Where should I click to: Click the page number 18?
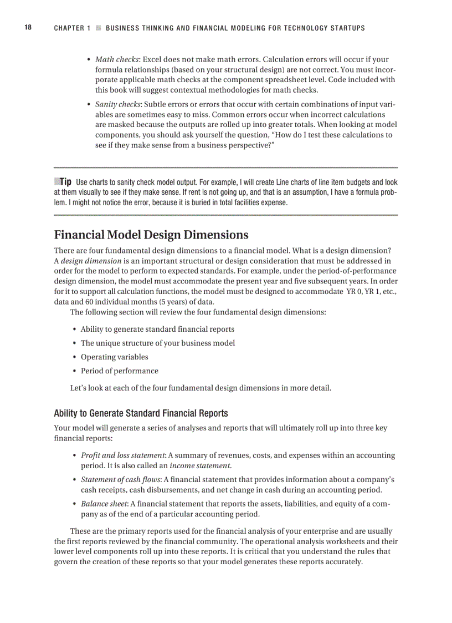click(27, 28)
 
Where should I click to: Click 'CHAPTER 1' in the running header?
click(72, 28)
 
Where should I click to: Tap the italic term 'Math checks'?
click(117, 59)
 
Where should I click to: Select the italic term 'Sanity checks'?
click(117, 104)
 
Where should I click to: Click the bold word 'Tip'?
click(65, 182)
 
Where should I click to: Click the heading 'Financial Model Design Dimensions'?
click(151, 235)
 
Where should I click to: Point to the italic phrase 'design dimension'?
click(91, 261)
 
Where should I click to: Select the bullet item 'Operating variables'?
click(114, 357)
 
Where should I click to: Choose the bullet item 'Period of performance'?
click(119, 371)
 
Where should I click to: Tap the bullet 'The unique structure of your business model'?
click(157, 343)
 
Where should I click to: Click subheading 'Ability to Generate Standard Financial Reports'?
click(141, 413)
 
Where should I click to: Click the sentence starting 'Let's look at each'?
click(201, 388)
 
